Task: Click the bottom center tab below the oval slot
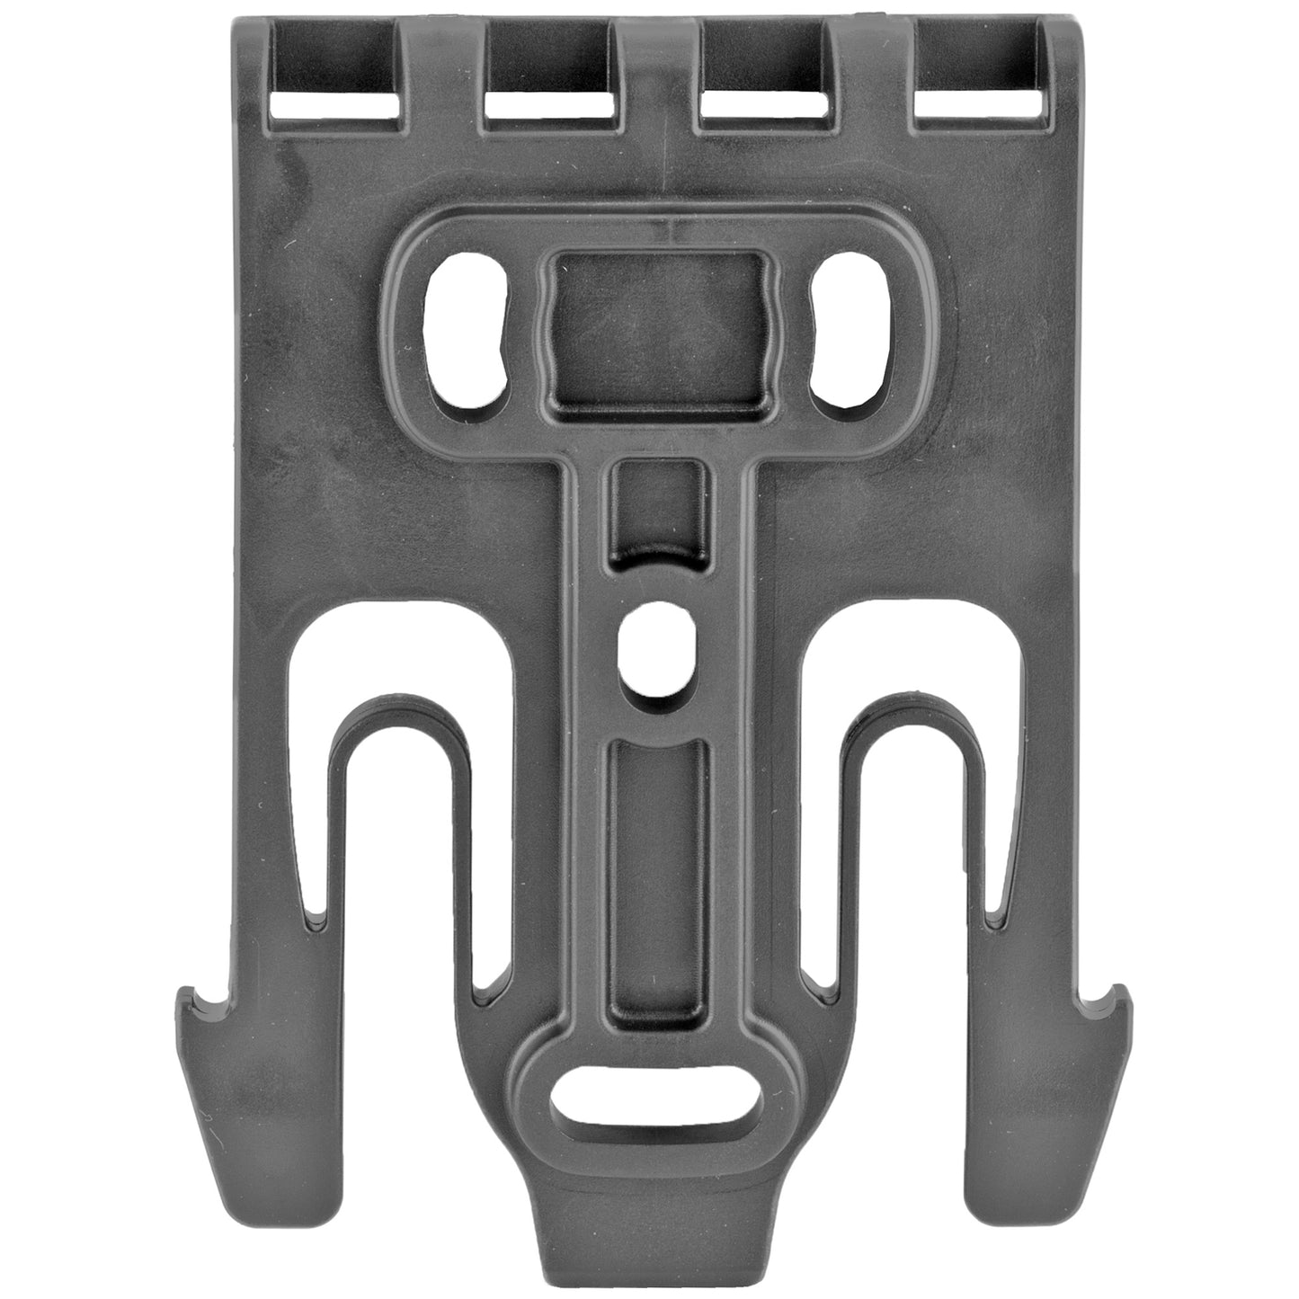point(654,1232)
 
